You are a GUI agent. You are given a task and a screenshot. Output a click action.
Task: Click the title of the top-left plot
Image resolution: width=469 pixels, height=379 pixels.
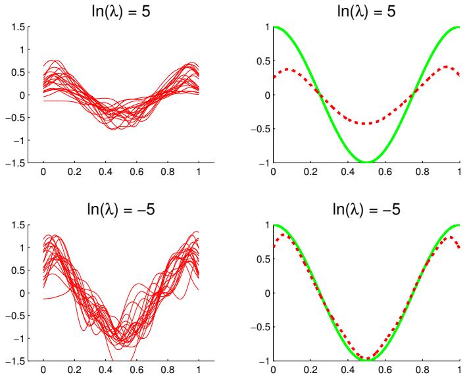(121, 11)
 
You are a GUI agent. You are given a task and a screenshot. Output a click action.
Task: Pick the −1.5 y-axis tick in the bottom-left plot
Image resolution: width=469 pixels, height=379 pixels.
(22, 361)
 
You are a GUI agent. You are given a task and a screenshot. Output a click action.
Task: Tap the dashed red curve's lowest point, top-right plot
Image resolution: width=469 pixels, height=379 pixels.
(366, 123)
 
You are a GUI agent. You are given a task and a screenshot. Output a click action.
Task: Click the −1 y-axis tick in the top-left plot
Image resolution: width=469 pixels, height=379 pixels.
(24, 140)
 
